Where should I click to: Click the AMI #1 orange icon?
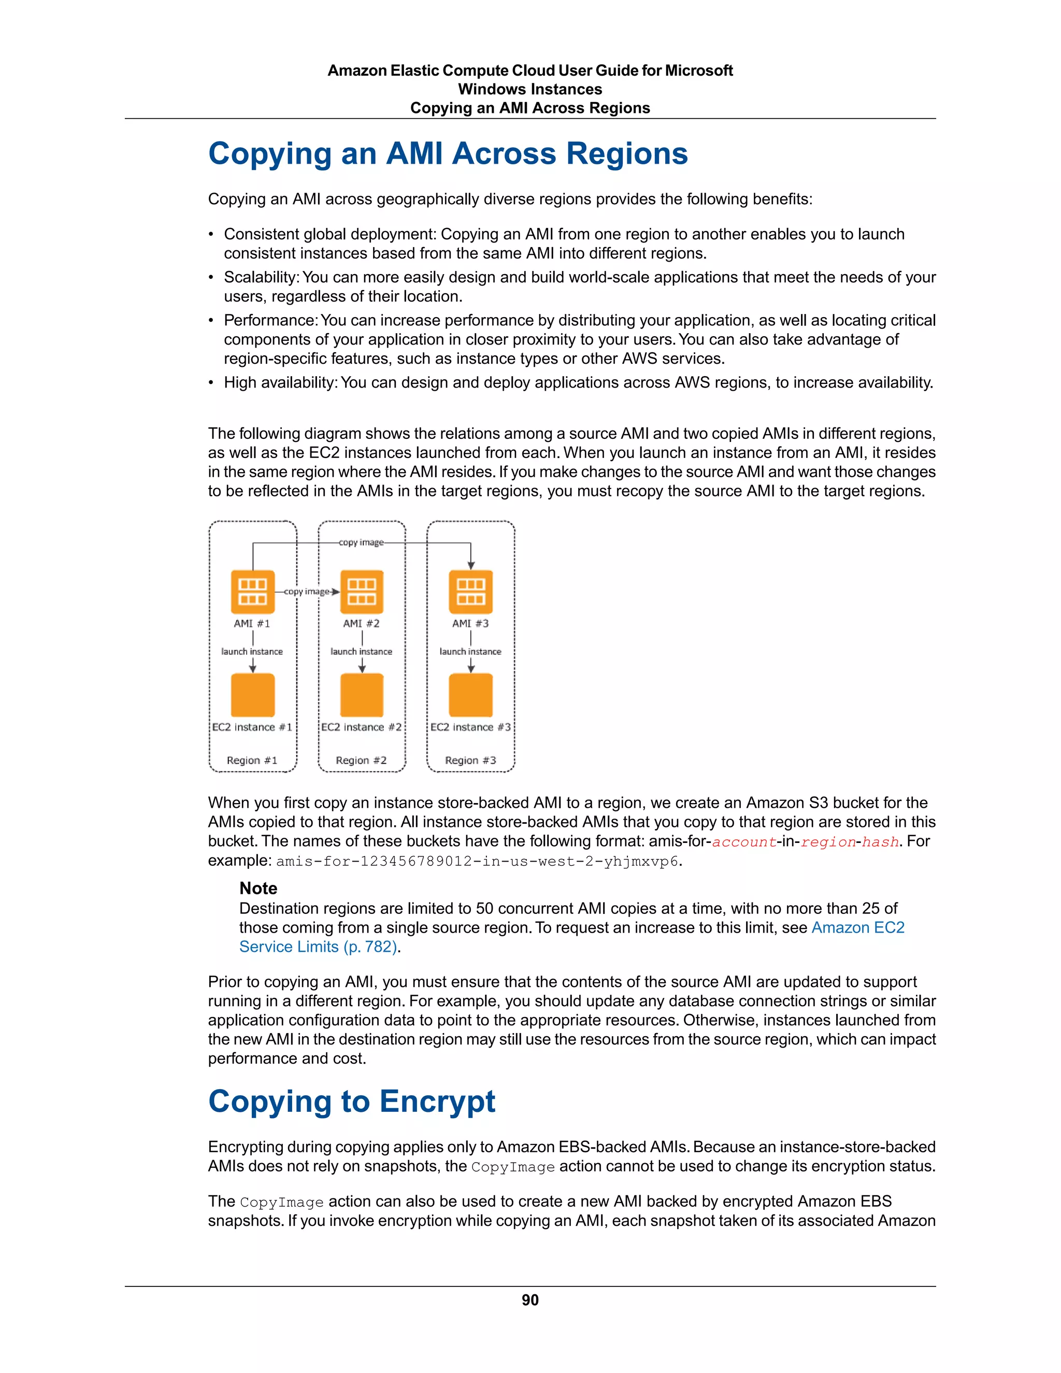point(253,592)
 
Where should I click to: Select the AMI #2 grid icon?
point(362,592)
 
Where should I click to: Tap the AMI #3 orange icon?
point(471,592)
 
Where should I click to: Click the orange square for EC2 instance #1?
point(253,695)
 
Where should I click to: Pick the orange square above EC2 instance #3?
point(471,695)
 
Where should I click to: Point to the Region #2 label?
point(362,760)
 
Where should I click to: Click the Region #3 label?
point(471,760)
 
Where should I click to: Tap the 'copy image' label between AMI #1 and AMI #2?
point(306,592)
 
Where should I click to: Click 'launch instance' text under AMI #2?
point(362,651)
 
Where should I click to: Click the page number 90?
point(530,1300)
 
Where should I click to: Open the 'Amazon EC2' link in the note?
point(857,927)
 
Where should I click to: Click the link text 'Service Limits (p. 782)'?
point(318,947)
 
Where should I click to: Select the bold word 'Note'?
point(259,888)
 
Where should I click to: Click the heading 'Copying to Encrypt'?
point(351,1102)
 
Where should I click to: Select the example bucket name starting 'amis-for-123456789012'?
point(477,861)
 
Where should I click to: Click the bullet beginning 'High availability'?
point(578,383)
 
